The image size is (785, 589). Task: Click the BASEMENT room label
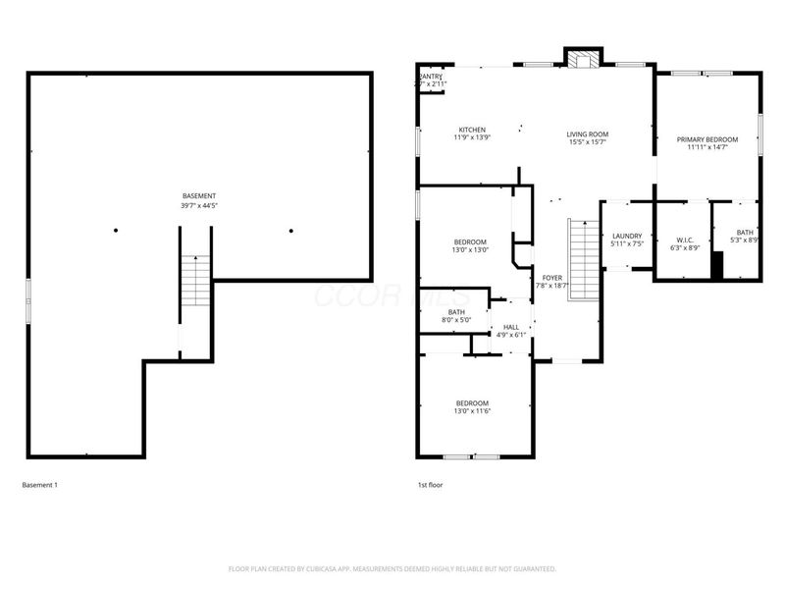[x=199, y=196]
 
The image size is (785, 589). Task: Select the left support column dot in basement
[x=116, y=231]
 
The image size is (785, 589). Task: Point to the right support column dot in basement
[x=290, y=231]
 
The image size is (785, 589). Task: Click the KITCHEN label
[x=472, y=130]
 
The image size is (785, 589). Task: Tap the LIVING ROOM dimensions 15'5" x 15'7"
[x=588, y=141]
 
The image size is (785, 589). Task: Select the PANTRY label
[x=432, y=77]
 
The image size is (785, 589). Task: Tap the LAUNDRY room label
[x=626, y=236]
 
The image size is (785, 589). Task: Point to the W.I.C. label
[x=685, y=239]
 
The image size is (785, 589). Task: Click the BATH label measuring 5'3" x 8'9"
[x=746, y=232]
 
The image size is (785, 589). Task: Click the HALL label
[x=511, y=327]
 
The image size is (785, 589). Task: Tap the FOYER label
[x=552, y=278]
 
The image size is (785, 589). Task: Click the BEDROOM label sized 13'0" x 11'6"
[x=472, y=403]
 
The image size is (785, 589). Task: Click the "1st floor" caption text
[x=431, y=485]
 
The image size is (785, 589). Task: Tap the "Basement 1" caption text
[x=39, y=485]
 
